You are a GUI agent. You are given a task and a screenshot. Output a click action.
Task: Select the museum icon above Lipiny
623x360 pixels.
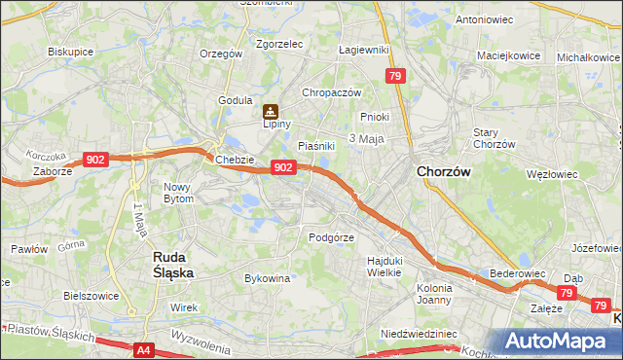click(270, 112)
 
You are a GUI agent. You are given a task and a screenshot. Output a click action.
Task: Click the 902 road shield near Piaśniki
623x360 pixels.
click(282, 167)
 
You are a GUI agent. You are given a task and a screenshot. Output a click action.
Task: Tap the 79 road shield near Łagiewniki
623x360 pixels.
click(394, 76)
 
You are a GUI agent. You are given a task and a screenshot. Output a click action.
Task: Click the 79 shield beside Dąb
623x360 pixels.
click(567, 292)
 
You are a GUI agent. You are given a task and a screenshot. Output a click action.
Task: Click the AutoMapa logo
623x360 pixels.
click(557, 341)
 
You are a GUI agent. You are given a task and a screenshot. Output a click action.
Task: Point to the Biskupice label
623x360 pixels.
click(69, 51)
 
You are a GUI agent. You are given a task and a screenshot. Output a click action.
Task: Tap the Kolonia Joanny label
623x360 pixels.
click(434, 294)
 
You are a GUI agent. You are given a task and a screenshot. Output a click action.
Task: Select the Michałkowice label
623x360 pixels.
click(588, 57)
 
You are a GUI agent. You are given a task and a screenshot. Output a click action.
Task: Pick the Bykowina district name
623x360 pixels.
click(268, 278)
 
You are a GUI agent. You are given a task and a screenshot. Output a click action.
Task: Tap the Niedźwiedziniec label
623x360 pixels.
click(419, 333)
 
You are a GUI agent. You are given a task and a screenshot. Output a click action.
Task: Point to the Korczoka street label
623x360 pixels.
click(46, 156)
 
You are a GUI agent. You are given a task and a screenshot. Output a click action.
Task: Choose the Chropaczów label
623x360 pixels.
click(331, 92)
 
